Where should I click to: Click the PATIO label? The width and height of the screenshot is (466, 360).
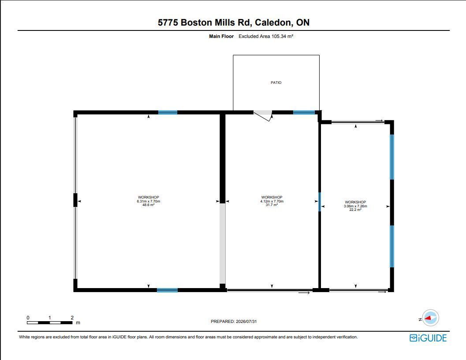(x=276, y=82)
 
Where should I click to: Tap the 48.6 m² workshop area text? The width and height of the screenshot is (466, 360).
(x=148, y=205)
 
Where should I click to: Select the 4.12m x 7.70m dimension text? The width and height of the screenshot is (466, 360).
(x=272, y=201)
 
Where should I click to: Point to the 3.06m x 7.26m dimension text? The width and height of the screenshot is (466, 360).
(x=355, y=206)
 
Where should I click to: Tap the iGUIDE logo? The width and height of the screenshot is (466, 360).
(x=428, y=338)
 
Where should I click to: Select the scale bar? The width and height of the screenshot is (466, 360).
(x=50, y=322)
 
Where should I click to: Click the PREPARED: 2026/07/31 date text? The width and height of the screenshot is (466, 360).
(x=234, y=321)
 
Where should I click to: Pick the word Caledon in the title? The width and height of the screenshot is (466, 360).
(x=272, y=22)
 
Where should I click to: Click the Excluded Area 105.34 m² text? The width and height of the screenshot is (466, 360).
(x=266, y=36)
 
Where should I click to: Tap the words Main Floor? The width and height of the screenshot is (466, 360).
(x=221, y=36)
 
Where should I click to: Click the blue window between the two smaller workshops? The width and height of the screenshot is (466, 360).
(x=320, y=202)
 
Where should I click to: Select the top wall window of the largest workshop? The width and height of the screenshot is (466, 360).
(x=168, y=112)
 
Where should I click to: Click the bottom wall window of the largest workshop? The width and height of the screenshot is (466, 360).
(x=168, y=290)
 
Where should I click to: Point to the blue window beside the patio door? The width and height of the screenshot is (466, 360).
(x=304, y=112)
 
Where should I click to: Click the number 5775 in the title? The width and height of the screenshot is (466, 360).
(x=168, y=22)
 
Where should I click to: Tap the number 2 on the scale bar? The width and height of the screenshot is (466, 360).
(x=72, y=318)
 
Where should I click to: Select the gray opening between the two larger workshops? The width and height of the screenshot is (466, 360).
(x=223, y=244)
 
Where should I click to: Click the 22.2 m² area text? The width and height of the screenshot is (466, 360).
(x=355, y=210)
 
